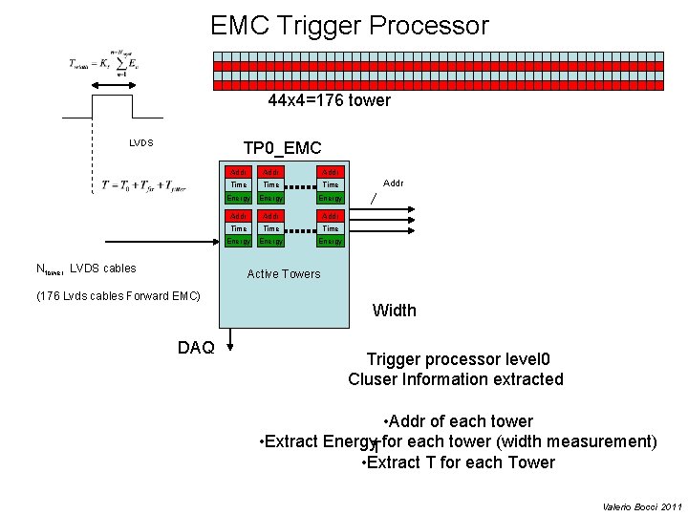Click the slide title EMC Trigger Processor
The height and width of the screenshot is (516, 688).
tap(349, 26)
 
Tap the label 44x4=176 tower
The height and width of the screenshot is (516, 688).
tap(329, 100)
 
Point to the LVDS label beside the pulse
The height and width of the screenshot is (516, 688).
tap(141, 143)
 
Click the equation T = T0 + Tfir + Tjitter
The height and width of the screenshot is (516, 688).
tap(138, 185)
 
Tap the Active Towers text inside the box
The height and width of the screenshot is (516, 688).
tap(284, 274)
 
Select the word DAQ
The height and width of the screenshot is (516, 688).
tap(196, 348)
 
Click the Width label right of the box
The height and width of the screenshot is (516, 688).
tap(394, 310)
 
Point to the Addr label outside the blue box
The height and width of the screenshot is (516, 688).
tap(393, 181)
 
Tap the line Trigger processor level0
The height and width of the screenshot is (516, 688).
tap(458, 359)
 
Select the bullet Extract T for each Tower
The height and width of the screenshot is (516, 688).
tap(459, 462)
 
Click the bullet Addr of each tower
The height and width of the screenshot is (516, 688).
tap(457, 421)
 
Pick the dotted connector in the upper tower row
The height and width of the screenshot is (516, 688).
tap(301, 184)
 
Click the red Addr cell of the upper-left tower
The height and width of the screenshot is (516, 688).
tap(238, 172)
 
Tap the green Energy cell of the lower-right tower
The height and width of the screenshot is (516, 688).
tap(331, 242)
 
